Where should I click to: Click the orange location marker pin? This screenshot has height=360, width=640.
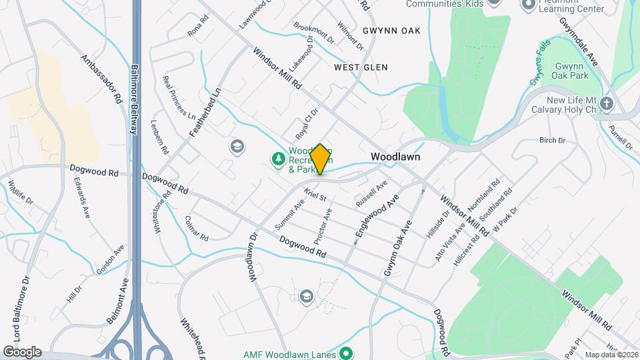[x=320, y=159]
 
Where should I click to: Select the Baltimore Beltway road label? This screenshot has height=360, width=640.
[x=134, y=99]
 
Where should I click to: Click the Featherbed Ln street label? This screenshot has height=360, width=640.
[x=205, y=112]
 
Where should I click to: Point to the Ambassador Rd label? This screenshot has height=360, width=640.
[x=101, y=78]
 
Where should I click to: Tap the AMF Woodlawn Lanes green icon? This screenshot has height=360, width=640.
[x=345, y=353]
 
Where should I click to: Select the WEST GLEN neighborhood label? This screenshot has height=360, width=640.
[x=361, y=67]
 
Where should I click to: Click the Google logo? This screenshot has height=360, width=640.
[x=22, y=352]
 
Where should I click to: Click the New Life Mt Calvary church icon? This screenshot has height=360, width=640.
[x=606, y=103]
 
